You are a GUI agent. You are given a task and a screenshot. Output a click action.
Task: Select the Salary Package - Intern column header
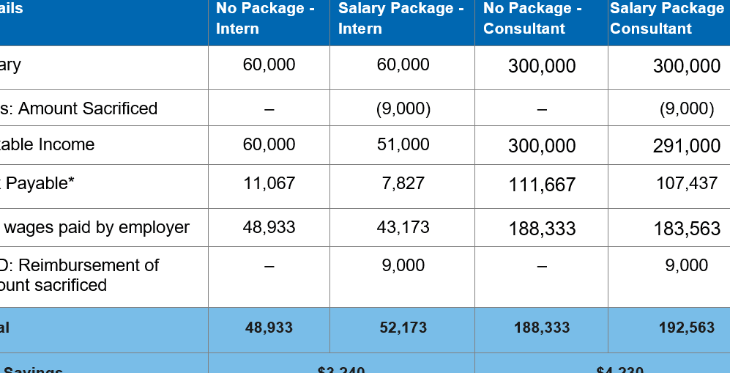(401, 19)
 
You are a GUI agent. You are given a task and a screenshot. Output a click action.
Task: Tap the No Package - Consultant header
(532, 19)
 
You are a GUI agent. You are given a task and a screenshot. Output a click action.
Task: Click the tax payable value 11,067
(269, 183)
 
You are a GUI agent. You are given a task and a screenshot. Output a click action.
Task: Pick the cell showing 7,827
(403, 183)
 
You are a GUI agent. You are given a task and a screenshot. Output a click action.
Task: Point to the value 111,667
(542, 185)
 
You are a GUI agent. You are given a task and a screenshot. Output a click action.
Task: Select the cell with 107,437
(686, 183)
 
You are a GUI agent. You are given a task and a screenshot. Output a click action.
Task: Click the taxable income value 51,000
(403, 144)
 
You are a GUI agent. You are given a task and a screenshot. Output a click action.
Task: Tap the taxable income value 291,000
(686, 146)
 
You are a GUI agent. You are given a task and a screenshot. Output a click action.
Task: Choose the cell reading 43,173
(403, 227)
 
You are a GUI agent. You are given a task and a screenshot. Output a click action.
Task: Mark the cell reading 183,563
(686, 229)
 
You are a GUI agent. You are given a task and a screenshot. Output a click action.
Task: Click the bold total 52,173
(403, 328)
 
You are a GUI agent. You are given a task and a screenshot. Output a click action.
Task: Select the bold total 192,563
(686, 328)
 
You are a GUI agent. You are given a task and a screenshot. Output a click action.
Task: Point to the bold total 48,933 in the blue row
(269, 328)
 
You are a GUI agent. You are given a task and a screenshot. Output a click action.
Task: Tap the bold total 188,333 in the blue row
(542, 328)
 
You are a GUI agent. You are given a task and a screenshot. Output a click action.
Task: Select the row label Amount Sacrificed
(87, 108)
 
